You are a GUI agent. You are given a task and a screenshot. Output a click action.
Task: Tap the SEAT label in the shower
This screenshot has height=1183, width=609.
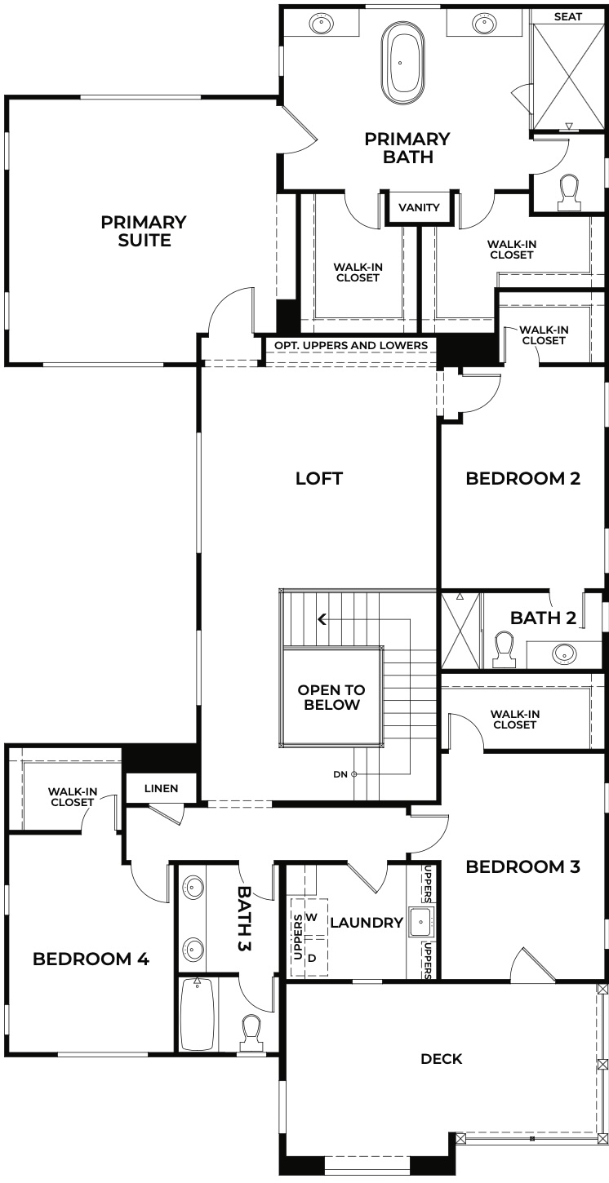[568, 16]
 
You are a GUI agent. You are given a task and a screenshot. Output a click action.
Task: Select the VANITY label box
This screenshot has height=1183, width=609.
[419, 207]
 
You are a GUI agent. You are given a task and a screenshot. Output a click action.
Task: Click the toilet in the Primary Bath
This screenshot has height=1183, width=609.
[569, 190]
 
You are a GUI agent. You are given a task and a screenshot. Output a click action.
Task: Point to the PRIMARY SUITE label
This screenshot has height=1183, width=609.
[144, 231]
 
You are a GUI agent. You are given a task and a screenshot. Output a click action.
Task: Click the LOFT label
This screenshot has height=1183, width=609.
[319, 478]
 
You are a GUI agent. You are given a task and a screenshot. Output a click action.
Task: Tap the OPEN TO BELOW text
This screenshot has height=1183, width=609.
[331, 698]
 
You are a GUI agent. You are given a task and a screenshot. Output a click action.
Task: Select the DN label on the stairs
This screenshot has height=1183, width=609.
[341, 773]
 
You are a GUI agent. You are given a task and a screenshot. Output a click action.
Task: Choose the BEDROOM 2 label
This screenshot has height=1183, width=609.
[522, 478]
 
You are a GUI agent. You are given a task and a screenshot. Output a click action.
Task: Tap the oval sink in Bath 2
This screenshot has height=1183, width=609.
[563, 653]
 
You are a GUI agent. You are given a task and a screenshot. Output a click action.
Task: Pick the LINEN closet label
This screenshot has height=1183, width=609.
[161, 789]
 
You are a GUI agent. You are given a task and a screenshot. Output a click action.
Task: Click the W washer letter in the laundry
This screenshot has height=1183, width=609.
[311, 917]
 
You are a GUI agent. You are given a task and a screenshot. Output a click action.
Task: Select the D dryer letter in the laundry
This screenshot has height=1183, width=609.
[311, 957]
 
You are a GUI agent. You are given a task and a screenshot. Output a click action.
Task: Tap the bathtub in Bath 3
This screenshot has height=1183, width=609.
[197, 1013]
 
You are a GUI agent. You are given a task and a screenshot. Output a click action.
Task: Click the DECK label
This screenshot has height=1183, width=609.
[442, 1059]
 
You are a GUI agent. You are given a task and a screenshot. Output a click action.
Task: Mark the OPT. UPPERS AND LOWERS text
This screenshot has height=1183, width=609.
[351, 345]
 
